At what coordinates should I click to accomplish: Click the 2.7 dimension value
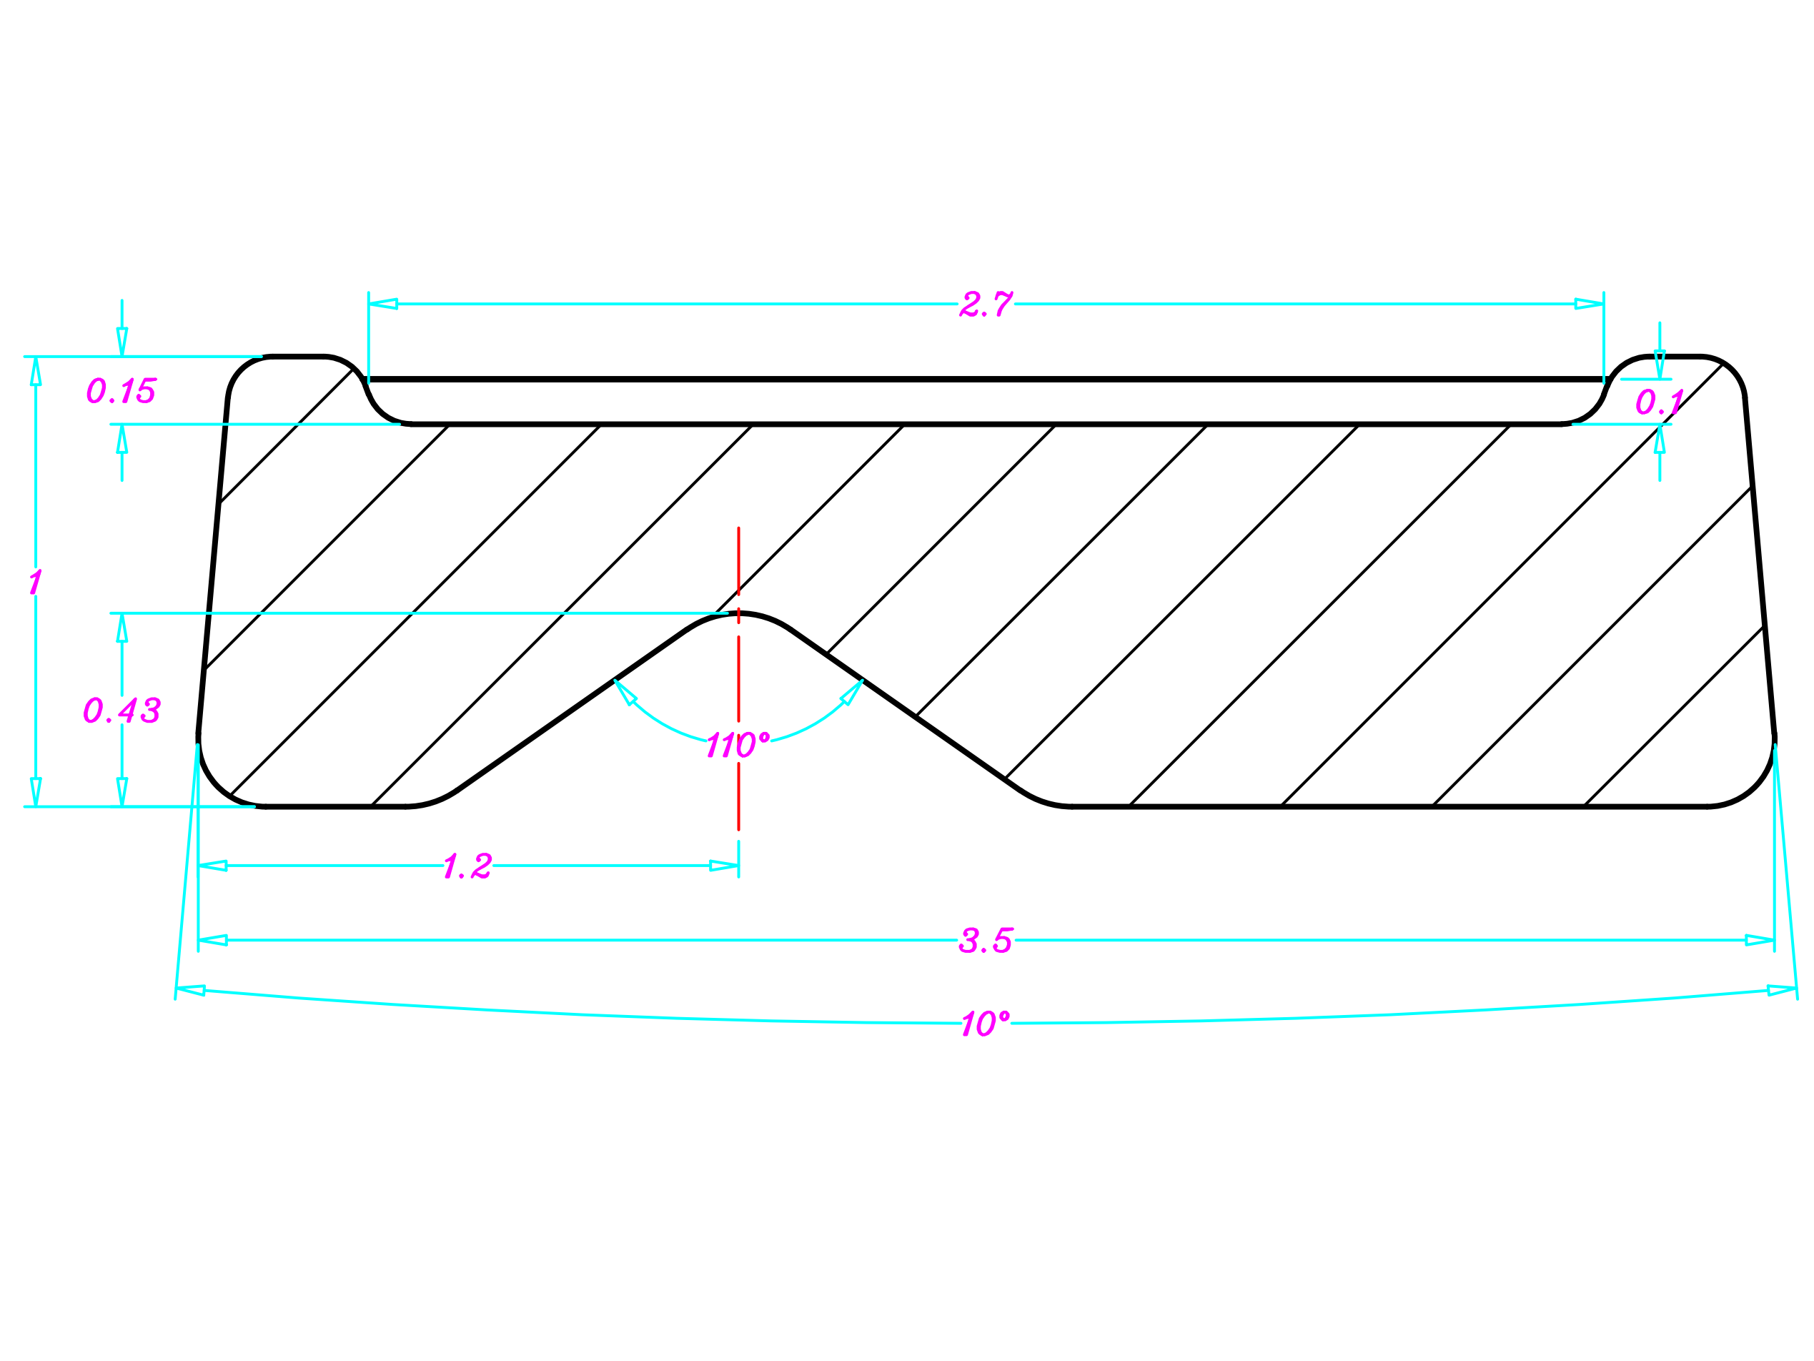click(986, 305)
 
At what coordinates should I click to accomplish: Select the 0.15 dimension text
click(122, 390)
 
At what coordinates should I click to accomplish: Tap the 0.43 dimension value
click(122, 710)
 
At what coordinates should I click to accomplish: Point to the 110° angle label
click(737, 745)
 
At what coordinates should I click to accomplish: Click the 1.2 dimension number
click(467, 866)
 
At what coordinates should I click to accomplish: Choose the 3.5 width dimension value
click(986, 940)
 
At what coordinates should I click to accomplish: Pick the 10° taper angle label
click(985, 1024)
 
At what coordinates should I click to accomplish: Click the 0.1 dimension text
click(1659, 402)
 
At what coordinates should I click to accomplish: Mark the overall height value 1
click(34, 583)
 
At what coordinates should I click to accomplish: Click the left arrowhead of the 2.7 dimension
click(383, 305)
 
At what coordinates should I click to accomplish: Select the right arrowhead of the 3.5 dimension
click(1760, 940)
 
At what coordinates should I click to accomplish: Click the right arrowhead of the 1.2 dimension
click(724, 866)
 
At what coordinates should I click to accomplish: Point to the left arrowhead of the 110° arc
click(625, 693)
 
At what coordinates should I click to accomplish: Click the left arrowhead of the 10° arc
click(190, 990)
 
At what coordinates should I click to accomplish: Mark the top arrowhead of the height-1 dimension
click(35, 371)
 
